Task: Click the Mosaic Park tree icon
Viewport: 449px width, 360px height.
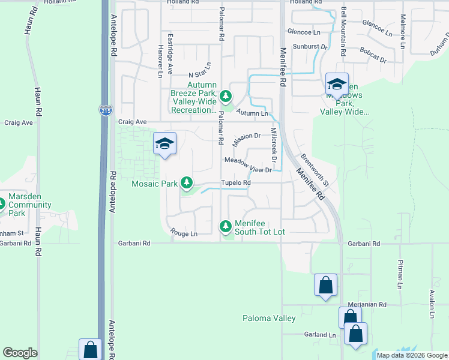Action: coord(187,182)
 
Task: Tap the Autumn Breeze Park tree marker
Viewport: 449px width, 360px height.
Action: coord(225,95)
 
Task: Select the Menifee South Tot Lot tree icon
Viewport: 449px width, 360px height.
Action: coord(225,226)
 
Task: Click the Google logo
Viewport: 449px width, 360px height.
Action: coord(20,353)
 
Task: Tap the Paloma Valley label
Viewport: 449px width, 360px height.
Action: coord(269,318)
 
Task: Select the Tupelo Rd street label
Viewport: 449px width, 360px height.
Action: coord(235,182)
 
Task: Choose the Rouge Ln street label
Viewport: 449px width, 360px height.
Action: coord(184,233)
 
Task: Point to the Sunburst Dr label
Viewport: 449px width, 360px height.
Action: coord(310,46)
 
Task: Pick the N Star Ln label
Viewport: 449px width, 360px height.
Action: coord(200,73)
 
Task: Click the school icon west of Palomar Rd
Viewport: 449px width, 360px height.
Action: coord(164,144)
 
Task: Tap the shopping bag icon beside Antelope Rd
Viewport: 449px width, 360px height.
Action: coord(90,349)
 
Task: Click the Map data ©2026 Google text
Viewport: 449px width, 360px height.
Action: coord(411,355)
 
